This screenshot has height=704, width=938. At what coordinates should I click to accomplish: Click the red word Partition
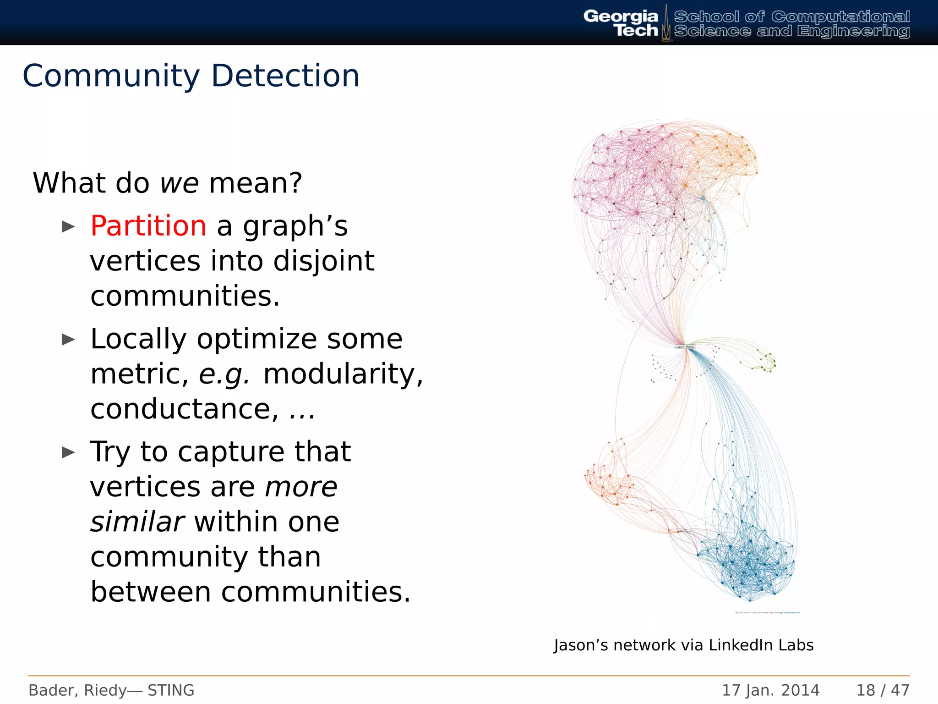tap(148, 226)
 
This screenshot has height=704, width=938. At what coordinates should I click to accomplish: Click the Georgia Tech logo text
tap(621, 23)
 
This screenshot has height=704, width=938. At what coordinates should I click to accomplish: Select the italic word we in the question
tap(179, 183)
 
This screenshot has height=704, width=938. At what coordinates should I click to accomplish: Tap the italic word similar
tap(137, 522)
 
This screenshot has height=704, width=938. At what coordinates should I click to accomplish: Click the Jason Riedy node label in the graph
tap(685, 346)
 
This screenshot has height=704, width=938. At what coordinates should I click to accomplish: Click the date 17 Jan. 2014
tap(770, 690)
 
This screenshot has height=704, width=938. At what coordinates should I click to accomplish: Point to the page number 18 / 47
tap(883, 690)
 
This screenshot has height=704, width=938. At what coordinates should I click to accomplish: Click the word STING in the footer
tap(171, 690)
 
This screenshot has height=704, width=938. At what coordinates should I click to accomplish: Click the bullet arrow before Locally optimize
tap(68, 340)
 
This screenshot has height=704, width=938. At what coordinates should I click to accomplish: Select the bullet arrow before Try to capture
tap(68, 453)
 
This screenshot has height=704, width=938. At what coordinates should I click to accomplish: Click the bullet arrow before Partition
tap(68, 226)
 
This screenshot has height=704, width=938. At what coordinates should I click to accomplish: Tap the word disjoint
tap(324, 261)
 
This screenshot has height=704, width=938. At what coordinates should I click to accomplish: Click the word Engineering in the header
tap(853, 31)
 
